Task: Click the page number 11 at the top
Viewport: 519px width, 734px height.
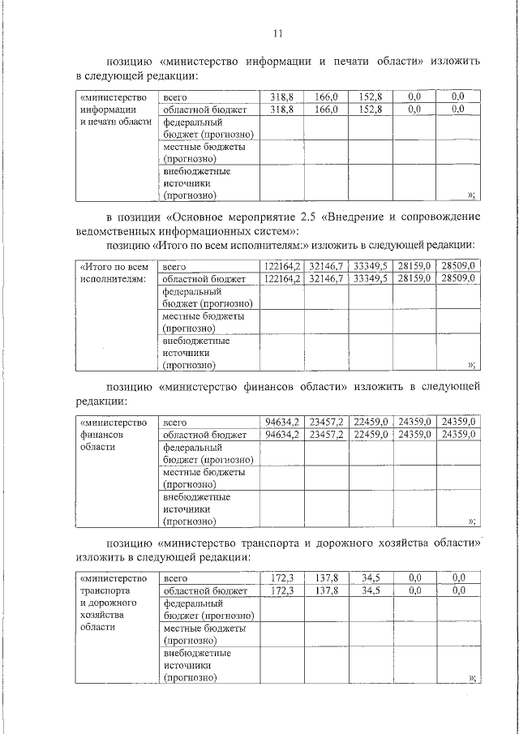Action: coord(278,33)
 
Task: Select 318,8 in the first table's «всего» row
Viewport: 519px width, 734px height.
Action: coord(281,97)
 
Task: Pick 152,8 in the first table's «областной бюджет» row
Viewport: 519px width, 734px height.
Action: coord(370,109)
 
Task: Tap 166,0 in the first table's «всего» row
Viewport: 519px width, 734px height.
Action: coord(326,97)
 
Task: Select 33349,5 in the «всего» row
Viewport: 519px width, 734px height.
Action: coord(371,266)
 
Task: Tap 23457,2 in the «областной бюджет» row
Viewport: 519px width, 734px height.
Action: coord(327,434)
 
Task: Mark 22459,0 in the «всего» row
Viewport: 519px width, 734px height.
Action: coord(371,422)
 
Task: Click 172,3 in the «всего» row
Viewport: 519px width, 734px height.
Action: coord(282,578)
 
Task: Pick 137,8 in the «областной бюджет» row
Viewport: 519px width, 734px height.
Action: coord(327,590)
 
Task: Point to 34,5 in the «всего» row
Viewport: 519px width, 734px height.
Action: coord(371,578)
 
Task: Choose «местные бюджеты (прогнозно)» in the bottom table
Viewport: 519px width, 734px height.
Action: coord(204,633)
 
